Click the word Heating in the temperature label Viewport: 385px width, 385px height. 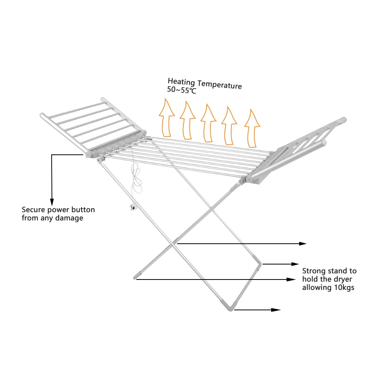click(181, 82)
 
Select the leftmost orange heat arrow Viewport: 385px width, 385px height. click(166, 117)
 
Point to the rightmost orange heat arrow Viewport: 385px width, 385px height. click(253, 129)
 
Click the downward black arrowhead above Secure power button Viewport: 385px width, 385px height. click(51, 202)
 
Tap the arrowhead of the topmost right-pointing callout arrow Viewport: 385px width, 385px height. click(303, 244)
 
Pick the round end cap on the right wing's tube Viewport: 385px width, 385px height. click(324, 143)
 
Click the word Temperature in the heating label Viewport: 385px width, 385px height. click(220, 84)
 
